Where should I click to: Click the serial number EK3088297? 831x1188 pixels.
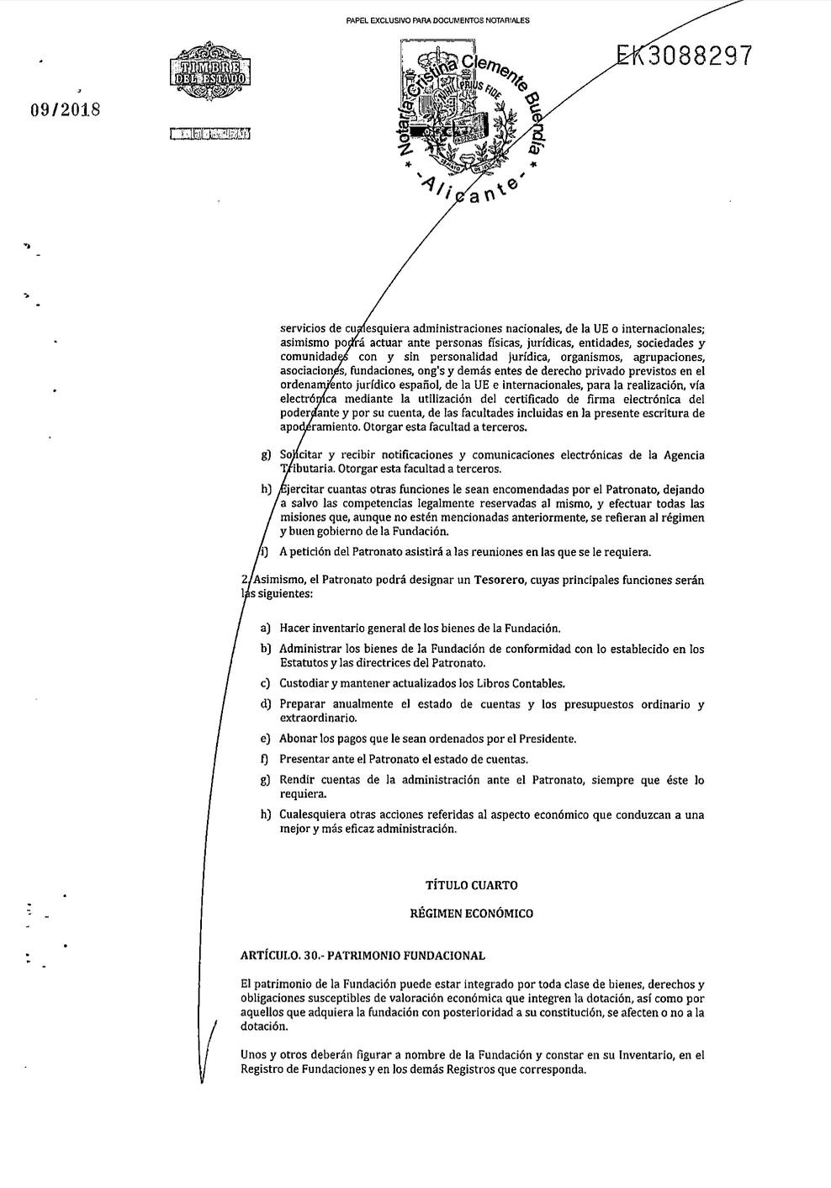684,56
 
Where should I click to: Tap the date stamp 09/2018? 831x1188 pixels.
65,109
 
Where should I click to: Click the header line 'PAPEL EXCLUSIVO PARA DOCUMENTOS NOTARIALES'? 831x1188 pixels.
437,19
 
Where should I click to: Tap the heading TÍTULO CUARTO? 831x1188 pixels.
471,885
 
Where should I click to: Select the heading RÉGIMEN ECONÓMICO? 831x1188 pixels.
471,913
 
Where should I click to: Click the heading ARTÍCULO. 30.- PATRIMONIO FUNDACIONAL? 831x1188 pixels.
363,956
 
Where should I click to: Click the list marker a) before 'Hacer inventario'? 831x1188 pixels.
265,628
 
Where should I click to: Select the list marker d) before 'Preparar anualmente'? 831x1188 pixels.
265,704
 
